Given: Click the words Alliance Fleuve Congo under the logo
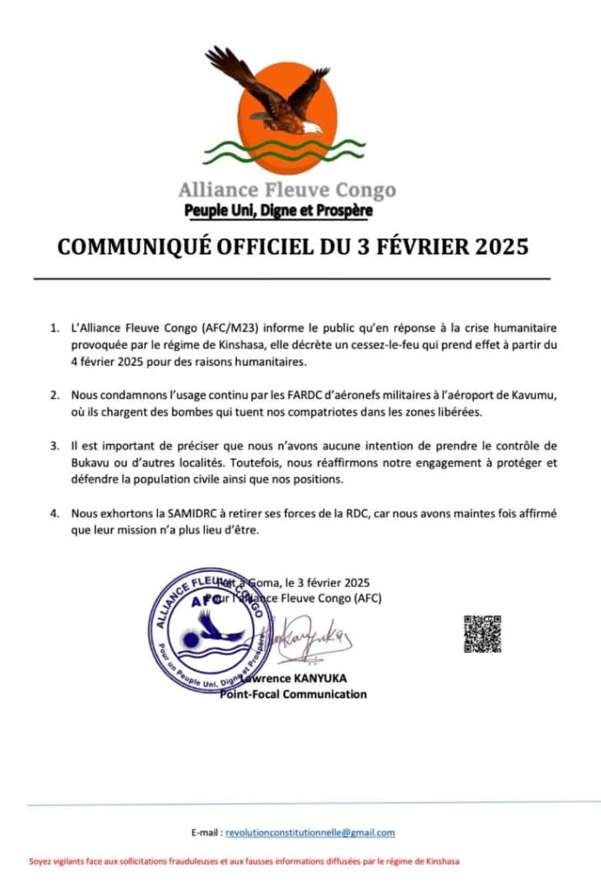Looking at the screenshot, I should tap(287, 189).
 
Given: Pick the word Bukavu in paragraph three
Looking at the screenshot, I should tap(91, 462).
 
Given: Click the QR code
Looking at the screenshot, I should tap(482, 634).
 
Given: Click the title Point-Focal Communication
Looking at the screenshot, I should tap(293, 694).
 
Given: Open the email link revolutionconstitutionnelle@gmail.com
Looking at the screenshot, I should tap(310, 832).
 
